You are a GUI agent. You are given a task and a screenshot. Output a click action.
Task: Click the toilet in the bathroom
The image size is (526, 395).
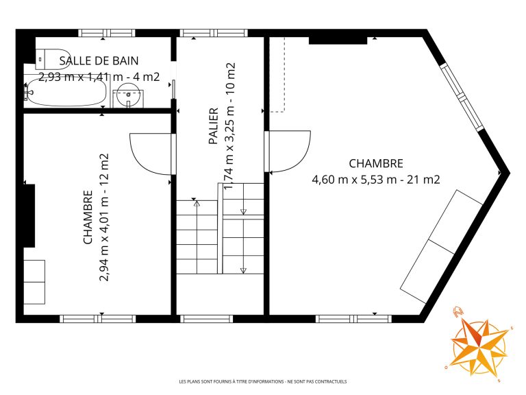[53, 59]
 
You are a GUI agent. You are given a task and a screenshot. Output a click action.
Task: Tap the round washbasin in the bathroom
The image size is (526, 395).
[128, 95]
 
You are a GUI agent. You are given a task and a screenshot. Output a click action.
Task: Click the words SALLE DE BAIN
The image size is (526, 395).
[99, 61]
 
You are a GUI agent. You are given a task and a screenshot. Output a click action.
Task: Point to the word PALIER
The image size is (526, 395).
[214, 126]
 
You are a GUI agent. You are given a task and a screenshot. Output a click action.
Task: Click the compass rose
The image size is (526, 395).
[479, 344]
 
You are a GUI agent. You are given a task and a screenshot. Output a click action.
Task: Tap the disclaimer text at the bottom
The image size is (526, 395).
[263, 381]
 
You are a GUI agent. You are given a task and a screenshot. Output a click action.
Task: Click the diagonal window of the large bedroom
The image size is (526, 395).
[462, 97]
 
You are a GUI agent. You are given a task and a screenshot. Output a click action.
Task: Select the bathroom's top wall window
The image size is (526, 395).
[107, 33]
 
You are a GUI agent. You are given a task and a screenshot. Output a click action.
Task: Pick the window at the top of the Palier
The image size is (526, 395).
[214, 33]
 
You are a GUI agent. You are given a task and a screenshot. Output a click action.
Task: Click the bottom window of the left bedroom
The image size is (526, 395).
[98, 319]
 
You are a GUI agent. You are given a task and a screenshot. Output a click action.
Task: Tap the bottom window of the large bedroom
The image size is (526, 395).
[354, 319]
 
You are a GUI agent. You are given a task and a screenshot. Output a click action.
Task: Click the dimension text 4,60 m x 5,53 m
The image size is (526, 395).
[354, 180]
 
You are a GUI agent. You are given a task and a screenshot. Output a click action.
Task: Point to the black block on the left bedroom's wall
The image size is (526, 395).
[29, 215]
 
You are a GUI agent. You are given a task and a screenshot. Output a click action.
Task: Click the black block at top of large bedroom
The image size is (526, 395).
[338, 40]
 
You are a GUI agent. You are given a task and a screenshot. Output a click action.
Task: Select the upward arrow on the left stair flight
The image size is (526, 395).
[197, 203]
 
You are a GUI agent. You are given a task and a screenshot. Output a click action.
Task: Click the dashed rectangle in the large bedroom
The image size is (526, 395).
[278, 74]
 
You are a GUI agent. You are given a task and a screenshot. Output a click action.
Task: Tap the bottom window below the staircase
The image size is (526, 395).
[207, 319]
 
